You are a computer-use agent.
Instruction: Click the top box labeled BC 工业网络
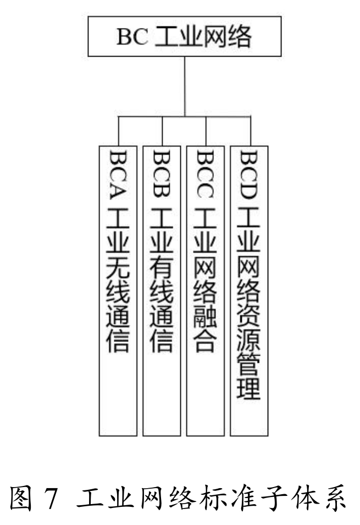(185, 36)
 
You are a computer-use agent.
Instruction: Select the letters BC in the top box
(132, 37)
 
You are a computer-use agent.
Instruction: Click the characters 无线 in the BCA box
(118, 281)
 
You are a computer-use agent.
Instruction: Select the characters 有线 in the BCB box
(162, 281)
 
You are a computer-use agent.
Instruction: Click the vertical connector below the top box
(185, 85)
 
